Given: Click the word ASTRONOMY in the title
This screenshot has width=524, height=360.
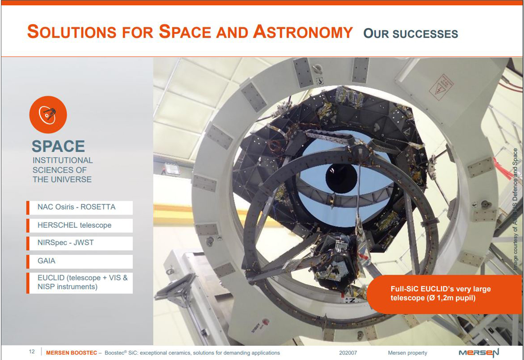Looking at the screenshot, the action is coord(303,32).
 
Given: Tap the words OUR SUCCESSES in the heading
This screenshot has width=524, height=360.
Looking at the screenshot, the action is coord(411,33).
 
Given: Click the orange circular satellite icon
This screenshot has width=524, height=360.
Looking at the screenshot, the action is coord(48,114).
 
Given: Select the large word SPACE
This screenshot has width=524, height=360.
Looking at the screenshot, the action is coord(58,146).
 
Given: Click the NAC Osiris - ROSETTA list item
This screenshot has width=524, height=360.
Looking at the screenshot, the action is coord(80,207).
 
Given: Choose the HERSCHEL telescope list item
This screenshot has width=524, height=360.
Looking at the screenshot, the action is coord(80,226).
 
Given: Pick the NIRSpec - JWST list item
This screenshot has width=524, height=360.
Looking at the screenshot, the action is coord(80,243).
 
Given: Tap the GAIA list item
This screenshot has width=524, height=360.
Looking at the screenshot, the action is coord(80,261).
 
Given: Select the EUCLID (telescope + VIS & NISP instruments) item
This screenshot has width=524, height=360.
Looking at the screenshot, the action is coord(80,283).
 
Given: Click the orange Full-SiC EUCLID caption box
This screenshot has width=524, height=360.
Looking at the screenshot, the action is coord(444,294).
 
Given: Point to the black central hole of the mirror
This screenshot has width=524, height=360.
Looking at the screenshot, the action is coord(341,178).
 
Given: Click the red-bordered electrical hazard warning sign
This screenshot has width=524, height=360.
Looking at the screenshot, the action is coord(441,87).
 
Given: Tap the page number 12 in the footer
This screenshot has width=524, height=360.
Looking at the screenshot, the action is coord(32,352).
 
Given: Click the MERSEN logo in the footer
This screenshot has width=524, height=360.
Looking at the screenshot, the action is coord(479,352).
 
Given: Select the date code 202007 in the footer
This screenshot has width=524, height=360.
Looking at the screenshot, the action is coord(348,352).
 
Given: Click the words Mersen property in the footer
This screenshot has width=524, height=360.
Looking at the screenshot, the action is coord(407,352).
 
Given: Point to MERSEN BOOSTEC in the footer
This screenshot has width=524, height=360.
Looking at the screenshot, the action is coord(72,352).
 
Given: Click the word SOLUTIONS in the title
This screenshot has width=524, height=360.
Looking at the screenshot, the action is coord(72,32).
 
